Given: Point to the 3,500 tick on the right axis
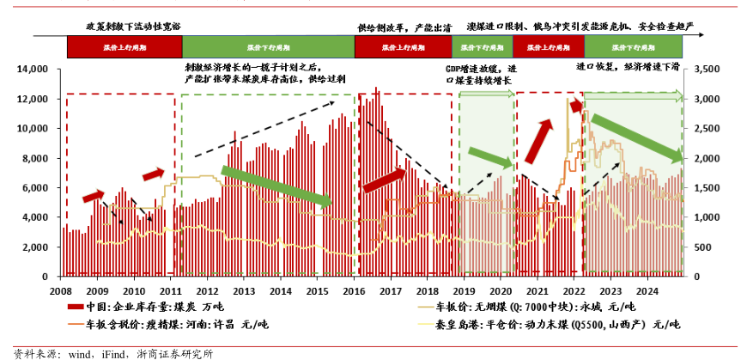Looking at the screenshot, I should click(703, 69).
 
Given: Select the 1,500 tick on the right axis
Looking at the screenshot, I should click(703, 188).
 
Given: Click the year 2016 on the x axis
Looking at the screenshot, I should click(353, 291).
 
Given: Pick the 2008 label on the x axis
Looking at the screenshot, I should click(60, 291).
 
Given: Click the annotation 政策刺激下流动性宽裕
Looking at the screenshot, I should click(128, 27).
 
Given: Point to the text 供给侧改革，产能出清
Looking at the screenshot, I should click(404, 27).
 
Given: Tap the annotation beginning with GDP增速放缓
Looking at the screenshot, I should click(481, 74).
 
